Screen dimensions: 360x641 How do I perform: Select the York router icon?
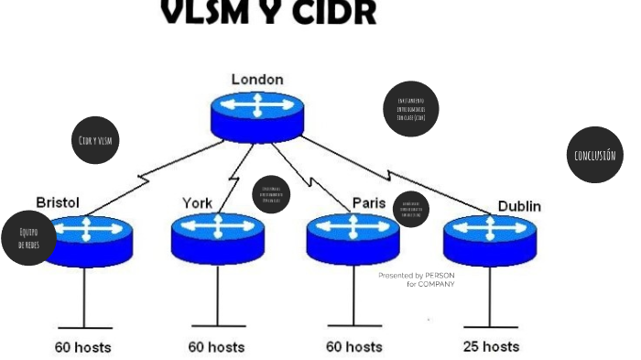[x=217, y=237]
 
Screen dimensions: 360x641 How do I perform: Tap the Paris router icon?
[x=353, y=237]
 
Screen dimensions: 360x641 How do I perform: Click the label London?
[x=256, y=80]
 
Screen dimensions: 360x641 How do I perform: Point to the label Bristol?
[x=58, y=202]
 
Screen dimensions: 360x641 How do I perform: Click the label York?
[x=197, y=202]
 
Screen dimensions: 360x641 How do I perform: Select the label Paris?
[x=369, y=202]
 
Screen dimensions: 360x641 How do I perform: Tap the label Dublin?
[x=518, y=206]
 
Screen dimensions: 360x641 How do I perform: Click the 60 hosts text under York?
[x=216, y=347]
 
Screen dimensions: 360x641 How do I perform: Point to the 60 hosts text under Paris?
[x=354, y=347]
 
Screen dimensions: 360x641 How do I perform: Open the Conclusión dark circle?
[x=594, y=155]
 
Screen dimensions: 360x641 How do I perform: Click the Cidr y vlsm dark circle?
[x=95, y=141]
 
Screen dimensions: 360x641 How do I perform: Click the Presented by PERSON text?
[x=416, y=275]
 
